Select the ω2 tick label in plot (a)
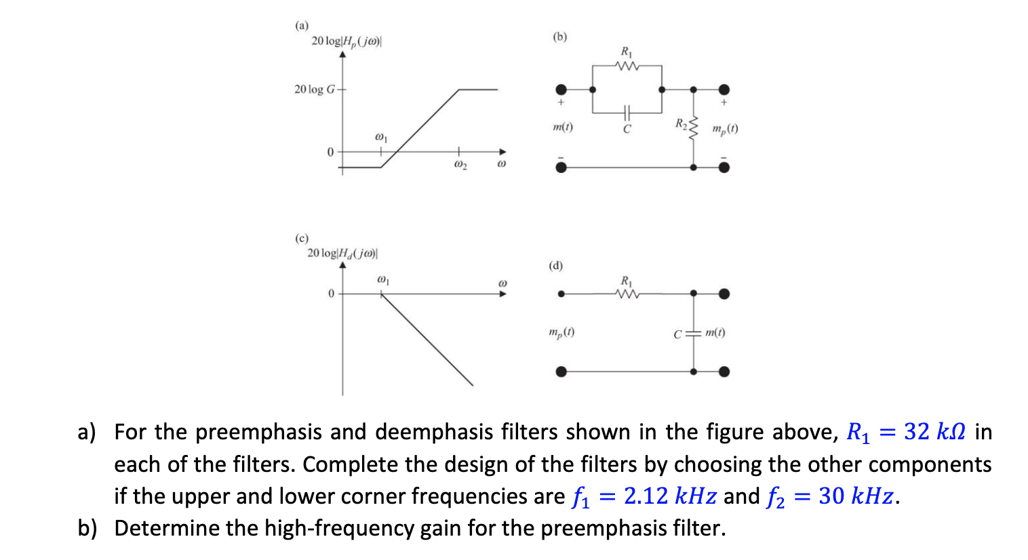[460, 165]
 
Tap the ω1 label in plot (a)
[381, 138]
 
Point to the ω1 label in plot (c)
[382, 279]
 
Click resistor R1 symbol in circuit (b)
[627, 66]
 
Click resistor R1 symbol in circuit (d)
[627, 294]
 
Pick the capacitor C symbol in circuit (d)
[693, 333]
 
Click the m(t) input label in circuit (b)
[563, 127]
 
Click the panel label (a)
[301, 25]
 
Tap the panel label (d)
[555, 265]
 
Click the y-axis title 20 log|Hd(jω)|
[342, 253]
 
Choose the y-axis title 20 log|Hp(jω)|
[347, 41]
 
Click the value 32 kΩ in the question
[934, 432]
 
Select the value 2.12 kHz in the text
[670, 496]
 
